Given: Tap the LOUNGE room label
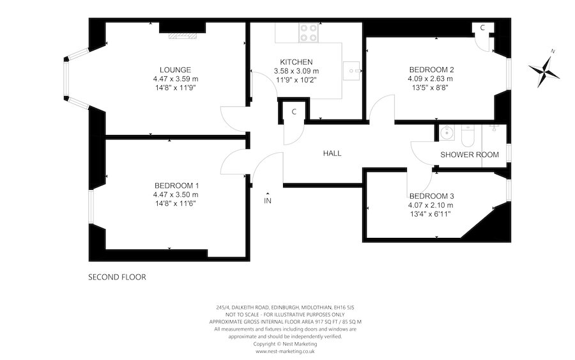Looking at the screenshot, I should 176,70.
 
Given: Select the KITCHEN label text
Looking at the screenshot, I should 296,62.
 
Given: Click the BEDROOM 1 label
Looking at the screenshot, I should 176,185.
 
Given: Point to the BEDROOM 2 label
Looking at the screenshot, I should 432,70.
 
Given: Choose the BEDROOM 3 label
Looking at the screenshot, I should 431,196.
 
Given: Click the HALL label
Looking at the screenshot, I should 332,153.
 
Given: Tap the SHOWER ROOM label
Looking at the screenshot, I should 470,155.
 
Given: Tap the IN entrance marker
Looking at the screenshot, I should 268,200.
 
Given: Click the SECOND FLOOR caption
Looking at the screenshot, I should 117,278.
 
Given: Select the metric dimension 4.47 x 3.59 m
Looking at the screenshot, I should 176,79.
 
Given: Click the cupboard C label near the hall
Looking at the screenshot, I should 294,112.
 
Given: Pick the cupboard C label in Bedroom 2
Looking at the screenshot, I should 482,27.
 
